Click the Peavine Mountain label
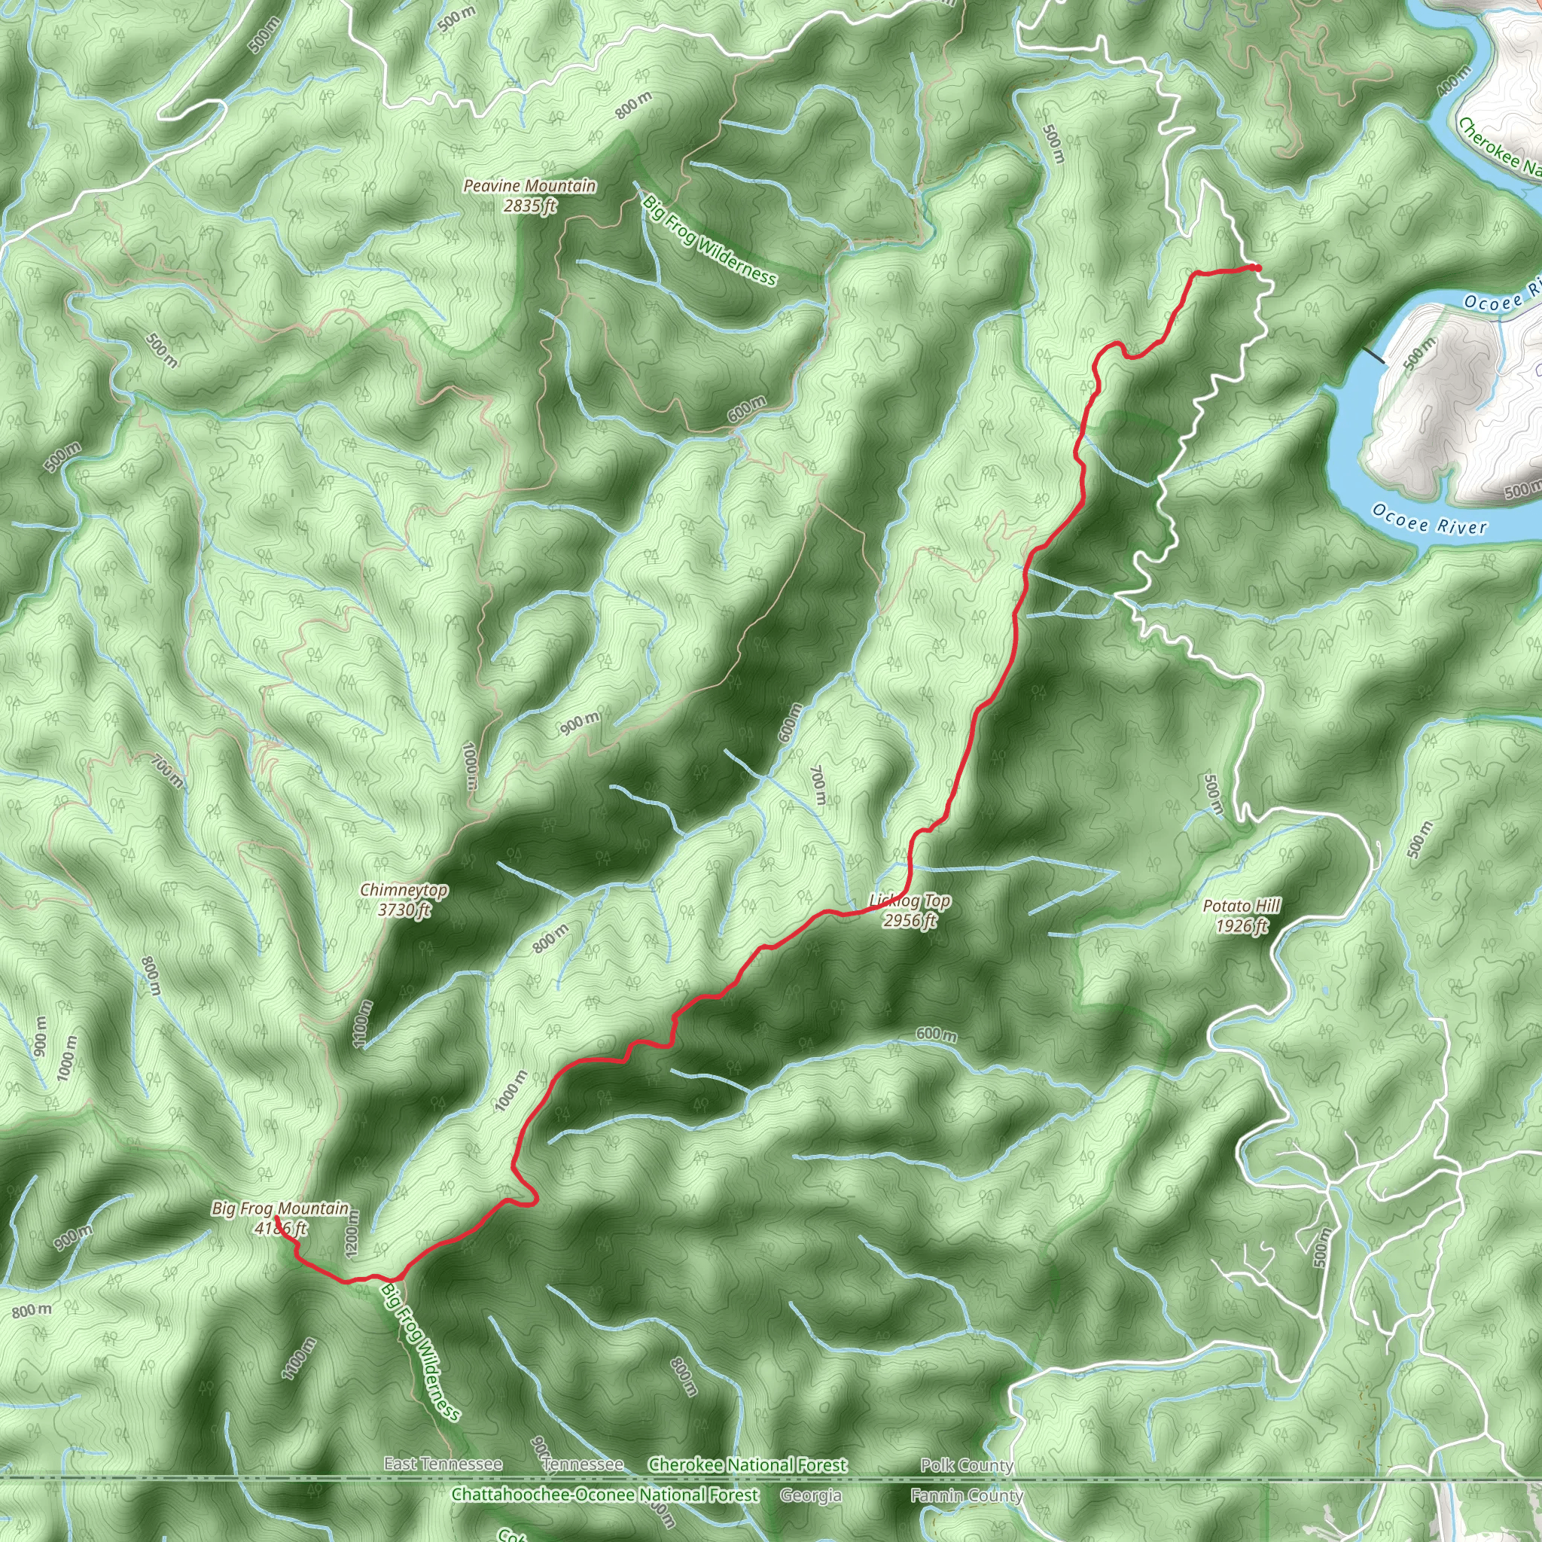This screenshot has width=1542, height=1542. click(530, 186)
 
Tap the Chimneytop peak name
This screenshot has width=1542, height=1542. click(404, 889)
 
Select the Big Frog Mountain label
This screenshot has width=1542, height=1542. click(280, 1208)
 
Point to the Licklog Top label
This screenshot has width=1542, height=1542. click(910, 901)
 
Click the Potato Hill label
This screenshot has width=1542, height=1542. click(1241, 906)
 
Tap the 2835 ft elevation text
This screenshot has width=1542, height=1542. click(530, 206)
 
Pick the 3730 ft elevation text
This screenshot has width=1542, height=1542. click(404, 909)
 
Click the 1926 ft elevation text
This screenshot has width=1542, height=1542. click(1242, 926)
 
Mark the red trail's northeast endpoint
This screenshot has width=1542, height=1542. click(1258, 268)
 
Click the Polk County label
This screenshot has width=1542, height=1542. click(967, 1465)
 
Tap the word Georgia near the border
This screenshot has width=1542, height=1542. click(811, 1495)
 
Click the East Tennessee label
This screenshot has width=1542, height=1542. click(443, 1464)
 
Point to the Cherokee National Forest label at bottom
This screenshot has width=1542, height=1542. click(748, 1464)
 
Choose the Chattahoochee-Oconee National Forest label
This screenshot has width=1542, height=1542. click(605, 1494)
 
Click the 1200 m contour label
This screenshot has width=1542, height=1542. click(352, 1235)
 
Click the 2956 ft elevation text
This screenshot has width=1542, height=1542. click(910, 921)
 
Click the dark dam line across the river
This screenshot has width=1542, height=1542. click(1373, 355)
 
